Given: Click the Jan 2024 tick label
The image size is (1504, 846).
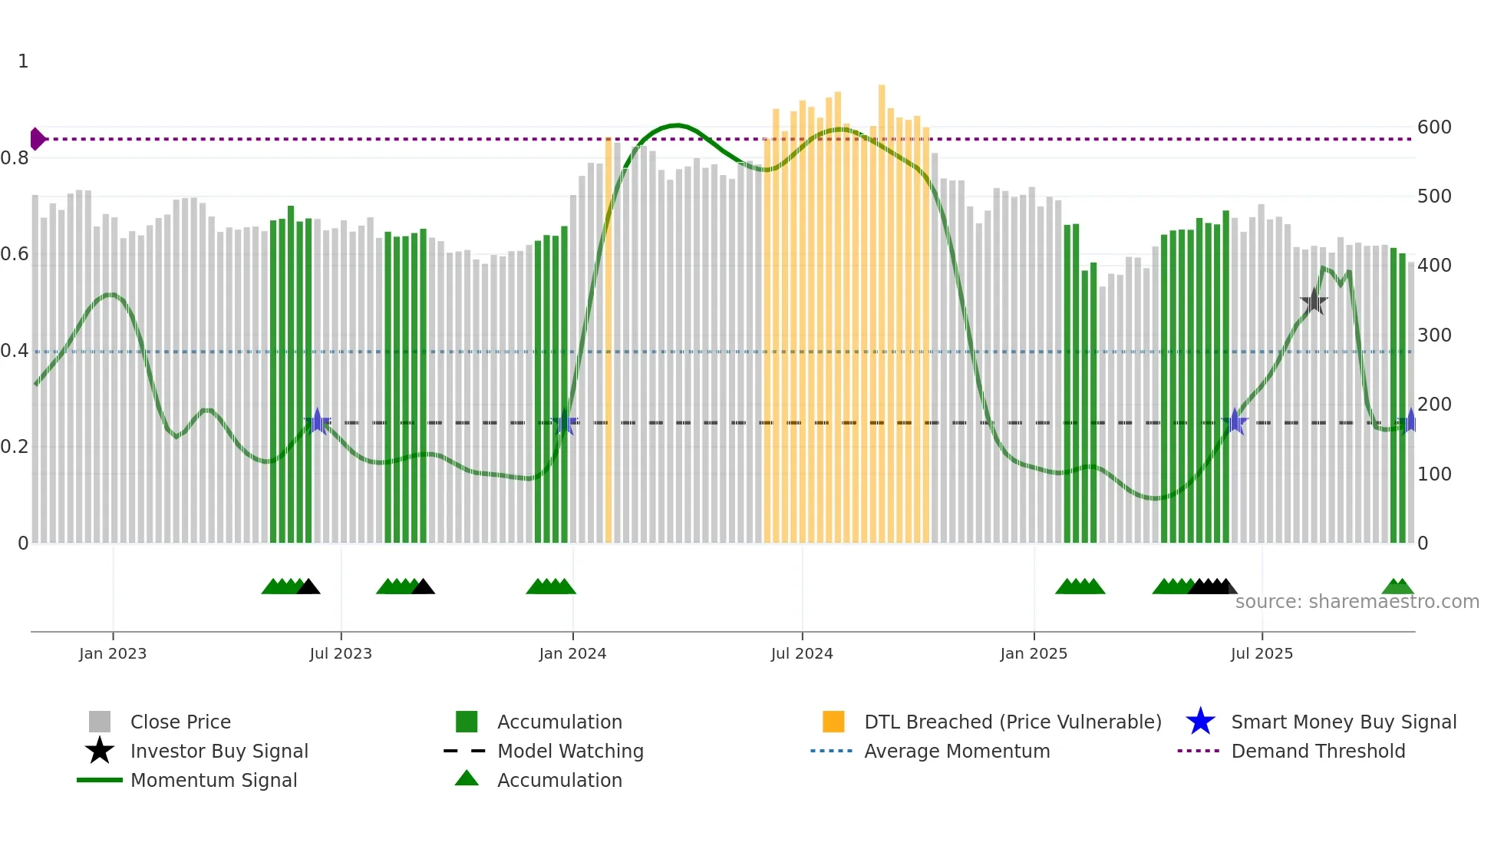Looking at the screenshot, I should (x=572, y=654).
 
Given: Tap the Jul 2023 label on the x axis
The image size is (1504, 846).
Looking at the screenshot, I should (x=341, y=654).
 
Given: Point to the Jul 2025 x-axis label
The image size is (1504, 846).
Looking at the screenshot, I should (x=1262, y=654).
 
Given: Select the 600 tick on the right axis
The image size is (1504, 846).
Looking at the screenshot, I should (x=1434, y=127).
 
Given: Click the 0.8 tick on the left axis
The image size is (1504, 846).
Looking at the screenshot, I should (x=15, y=159).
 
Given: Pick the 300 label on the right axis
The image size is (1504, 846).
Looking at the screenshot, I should (x=1434, y=335).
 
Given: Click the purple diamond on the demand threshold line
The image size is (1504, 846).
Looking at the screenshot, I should (x=37, y=139).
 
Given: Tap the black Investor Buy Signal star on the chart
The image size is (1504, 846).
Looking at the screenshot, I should (x=1314, y=302).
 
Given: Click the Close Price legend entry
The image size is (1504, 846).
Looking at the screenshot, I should (x=180, y=722).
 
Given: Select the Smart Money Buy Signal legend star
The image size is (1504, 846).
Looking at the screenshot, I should (x=1200, y=722).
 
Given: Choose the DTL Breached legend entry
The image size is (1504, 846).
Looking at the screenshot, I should (x=1012, y=722).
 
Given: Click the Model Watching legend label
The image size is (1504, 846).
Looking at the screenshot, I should (x=570, y=752).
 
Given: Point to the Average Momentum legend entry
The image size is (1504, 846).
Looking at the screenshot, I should (x=957, y=752).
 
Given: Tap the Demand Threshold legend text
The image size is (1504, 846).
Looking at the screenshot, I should (x=1318, y=752).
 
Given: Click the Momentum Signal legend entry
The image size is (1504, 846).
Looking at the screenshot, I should (x=213, y=781).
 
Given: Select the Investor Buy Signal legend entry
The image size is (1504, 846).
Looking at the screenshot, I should (x=219, y=752).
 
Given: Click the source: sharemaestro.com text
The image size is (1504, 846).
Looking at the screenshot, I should (x=1357, y=602).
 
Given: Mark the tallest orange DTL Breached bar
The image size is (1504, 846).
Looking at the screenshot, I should (x=882, y=307).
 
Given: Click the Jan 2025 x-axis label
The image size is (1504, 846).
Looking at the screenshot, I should (x=1034, y=654).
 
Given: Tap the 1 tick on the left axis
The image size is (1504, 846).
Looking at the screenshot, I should (x=23, y=61).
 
